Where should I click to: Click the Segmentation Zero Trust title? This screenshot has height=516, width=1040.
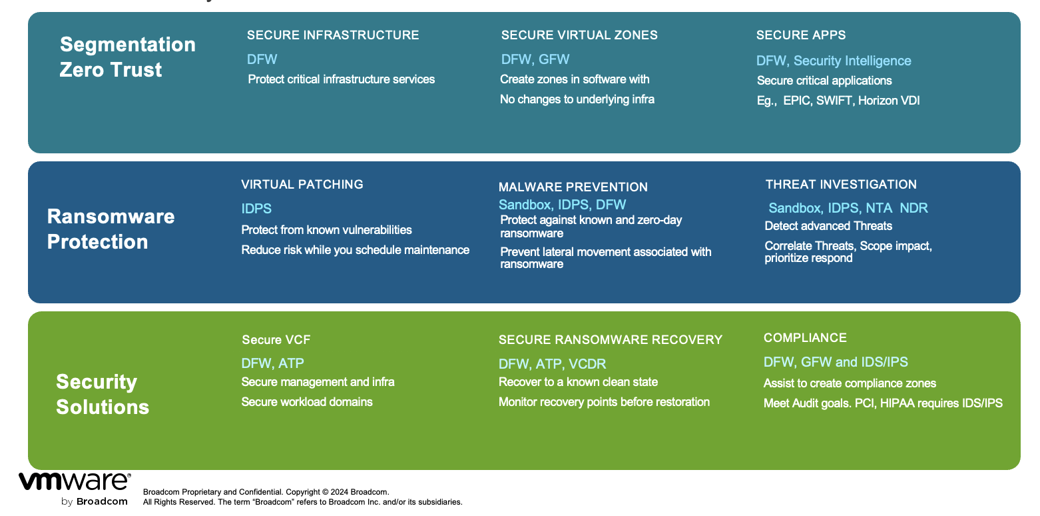click(x=128, y=57)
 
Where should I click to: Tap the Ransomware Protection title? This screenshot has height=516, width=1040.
click(x=111, y=229)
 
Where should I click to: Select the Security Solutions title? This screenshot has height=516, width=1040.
click(x=103, y=394)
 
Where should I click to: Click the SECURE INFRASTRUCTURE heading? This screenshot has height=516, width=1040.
click(x=333, y=35)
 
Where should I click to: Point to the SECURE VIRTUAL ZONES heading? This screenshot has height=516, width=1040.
click(x=579, y=35)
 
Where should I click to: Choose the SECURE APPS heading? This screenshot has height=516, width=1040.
click(x=801, y=35)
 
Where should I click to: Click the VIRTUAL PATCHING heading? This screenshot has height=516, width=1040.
click(x=302, y=185)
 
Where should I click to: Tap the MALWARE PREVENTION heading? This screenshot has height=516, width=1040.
click(x=573, y=187)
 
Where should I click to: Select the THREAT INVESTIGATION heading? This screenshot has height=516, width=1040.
click(x=841, y=185)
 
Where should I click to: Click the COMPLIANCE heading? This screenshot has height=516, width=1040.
click(x=805, y=338)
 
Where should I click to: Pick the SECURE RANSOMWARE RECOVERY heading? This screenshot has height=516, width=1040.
click(x=611, y=340)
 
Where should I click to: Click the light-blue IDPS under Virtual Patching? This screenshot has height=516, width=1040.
click(x=256, y=209)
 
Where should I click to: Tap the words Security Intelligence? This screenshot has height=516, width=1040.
click(x=852, y=61)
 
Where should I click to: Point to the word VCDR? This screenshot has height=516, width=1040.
click(x=587, y=364)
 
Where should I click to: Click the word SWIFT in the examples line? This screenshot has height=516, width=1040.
click(x=834, y=101)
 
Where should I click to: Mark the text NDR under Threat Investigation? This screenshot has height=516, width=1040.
click(x=913, y=208)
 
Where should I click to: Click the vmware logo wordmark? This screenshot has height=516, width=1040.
click(x=75, y=481)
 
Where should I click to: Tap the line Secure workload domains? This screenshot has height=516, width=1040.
click(x=307, y=402)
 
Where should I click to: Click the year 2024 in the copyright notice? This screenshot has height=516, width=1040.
click(x=340, y=492)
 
